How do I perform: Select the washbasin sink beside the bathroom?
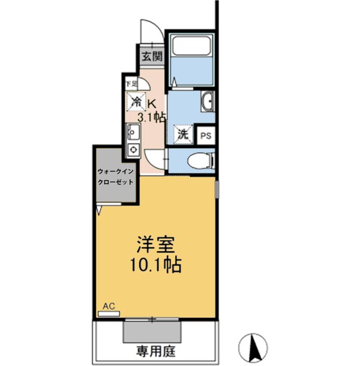tap(208, 102)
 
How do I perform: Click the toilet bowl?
tap(199, 161)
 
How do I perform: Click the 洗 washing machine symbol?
tap(181, 134)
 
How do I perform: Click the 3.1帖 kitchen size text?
tap(152, 117)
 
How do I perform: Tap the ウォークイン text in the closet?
tap(116, 172)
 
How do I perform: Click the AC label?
tap(109, 306)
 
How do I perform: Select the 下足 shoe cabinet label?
tap(128, 83)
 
